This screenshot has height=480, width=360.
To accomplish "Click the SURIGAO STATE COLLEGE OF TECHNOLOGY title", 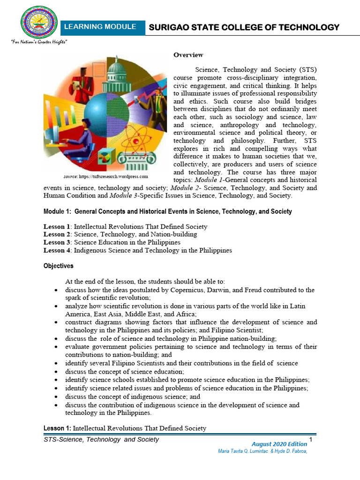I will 244,27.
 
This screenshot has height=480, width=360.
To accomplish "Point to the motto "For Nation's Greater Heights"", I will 39,42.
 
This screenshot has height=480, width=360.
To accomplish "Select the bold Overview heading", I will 188,55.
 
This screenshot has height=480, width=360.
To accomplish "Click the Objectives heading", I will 59,266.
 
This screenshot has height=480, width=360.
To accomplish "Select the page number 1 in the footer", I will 311,439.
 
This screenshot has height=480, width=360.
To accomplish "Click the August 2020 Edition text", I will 279,444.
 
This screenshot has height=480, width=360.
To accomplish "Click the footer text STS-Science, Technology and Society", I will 101,440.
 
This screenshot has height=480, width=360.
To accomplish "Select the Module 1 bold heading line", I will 168,211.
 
